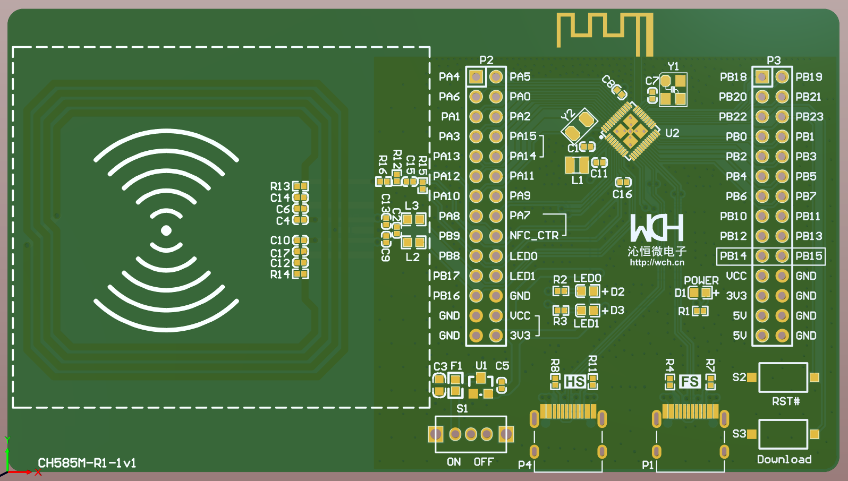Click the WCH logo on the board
(x=657, y=228)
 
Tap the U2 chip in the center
(x=630, y=131)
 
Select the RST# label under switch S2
(x=786, y=401)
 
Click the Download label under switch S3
(x=784, y=459)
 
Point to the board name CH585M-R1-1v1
(x=87, y=463)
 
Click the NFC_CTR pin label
(x=534, y=236)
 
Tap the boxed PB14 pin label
(x=733, y=256)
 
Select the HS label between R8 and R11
(x=575, y=382)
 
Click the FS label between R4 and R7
(x=689, y=382)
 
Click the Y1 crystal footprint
(x=673, y=90)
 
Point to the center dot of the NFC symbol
(x=166, y=230)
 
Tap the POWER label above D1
(x=701, y=280)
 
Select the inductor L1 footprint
(x=576, y=165)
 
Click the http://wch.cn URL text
(x=657, y=262)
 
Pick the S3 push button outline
(x=783, y=434)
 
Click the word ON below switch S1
(x=454, y=462)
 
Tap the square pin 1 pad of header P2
(x=476, y=77)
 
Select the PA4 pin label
(x=449, y=77)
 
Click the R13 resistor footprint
(x=301, y=186)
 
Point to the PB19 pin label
(x=809, y=77)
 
